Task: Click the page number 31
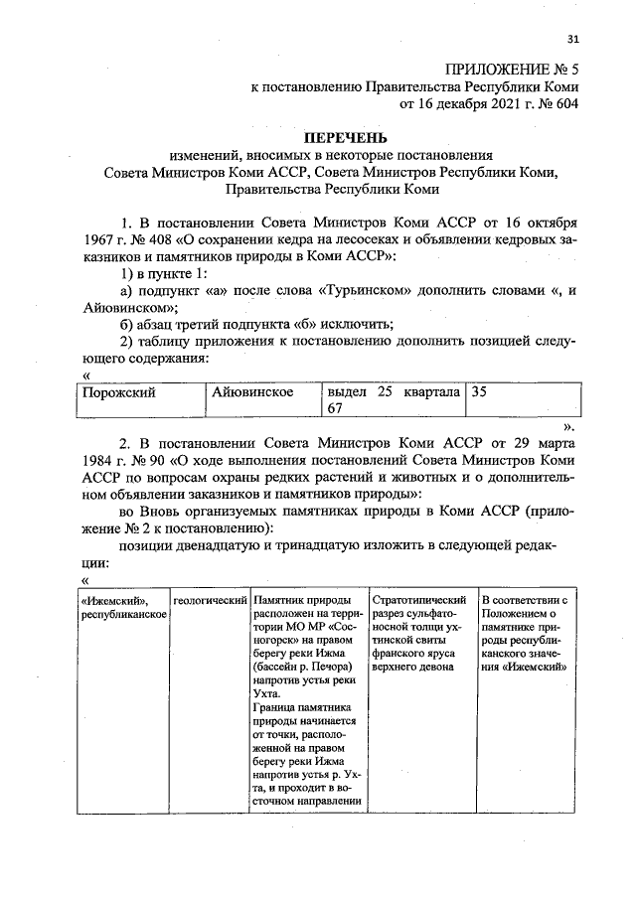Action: (x=571, y=40)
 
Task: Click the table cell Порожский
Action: (x=118, y=392)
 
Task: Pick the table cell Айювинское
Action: (x=252, y=392)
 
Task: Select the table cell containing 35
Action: (x=479, y=392)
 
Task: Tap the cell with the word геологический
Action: (x=210, y=602)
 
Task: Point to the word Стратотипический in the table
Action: (x=418, y=602)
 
